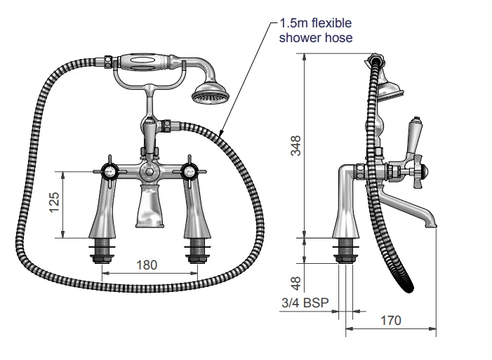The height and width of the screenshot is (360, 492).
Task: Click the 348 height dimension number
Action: (x=295, y=146)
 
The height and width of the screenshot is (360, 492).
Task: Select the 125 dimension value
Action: (x=54, y=202)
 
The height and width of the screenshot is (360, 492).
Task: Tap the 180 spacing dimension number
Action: (x=147, y=265)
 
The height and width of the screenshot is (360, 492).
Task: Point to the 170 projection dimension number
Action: (x=391, y=321)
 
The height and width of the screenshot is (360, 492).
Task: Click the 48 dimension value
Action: (x=295, y=284)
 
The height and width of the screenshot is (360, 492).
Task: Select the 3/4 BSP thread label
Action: (x=305, y=303)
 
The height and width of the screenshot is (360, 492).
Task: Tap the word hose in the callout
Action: (x=338, y=38)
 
